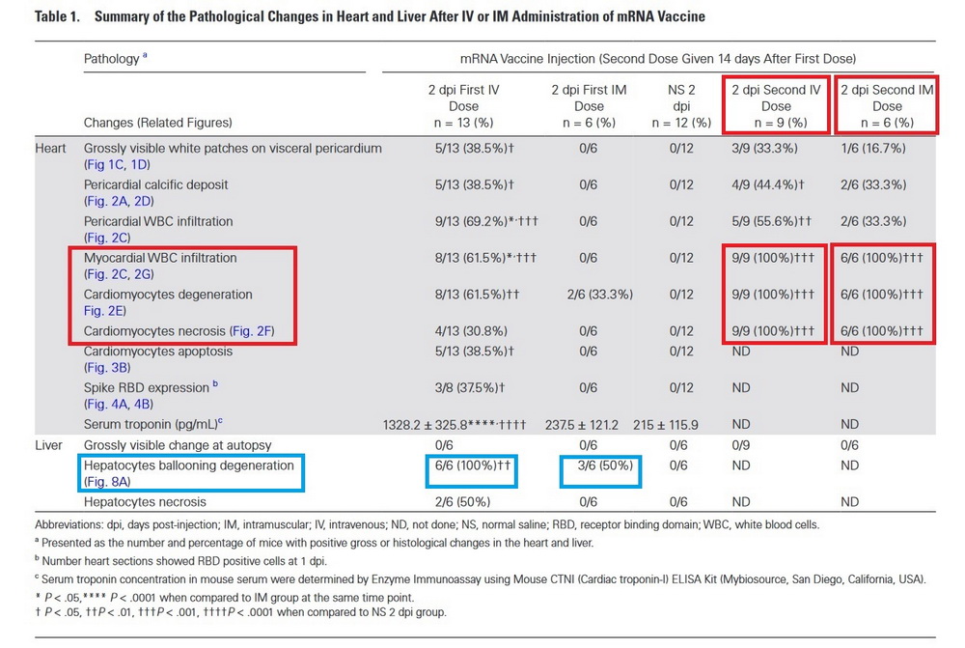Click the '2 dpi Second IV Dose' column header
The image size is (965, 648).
(776, 106)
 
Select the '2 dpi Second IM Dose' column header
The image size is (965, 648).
(887, 106)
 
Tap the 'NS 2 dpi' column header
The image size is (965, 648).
(681, 106)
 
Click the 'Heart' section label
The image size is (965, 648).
(50, 149)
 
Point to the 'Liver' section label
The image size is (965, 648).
(48, 445)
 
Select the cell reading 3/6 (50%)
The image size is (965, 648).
(605, 465)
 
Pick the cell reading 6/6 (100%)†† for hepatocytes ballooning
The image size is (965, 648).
(473, 465)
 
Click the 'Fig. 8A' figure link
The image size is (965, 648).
(107, 482)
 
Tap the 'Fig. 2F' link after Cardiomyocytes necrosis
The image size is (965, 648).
(252, 331)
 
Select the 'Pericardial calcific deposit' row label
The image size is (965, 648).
(155, 184)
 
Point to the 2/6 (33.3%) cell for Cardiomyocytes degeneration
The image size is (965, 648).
(600, 295)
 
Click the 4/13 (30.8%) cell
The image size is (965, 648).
(471, 331)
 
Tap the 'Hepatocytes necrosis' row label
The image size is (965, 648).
(145, 502)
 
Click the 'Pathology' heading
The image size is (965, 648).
(111, 59)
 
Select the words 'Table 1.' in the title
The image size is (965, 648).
(57, 16)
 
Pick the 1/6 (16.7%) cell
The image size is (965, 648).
(872, 149)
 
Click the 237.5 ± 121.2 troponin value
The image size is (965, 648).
(582, 425)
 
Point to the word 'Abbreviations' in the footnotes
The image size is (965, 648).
(69, 524)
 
